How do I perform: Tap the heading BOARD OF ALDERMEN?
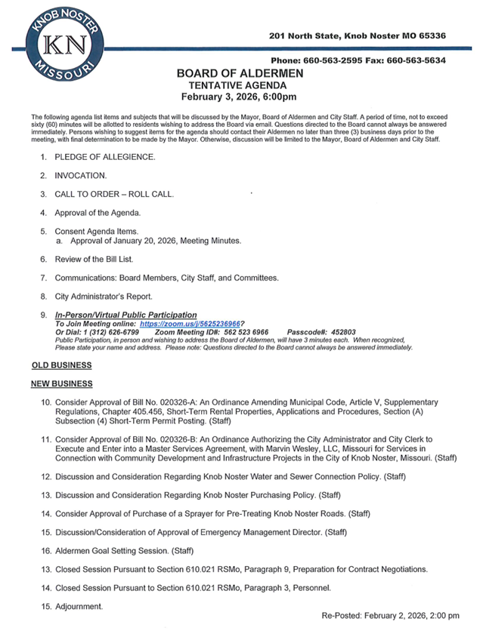point(240,73)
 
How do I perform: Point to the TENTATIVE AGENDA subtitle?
point(240,85)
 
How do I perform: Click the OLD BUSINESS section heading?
point(61,365)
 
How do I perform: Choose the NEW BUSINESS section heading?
point(62,384)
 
